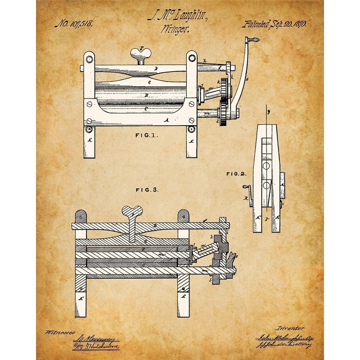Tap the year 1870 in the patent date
pyautogui.click(x=297, y=24)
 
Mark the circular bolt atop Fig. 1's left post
pyautogui.click(x=89, y=58)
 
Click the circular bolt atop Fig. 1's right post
pyautogui.click(x=192, y=58)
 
